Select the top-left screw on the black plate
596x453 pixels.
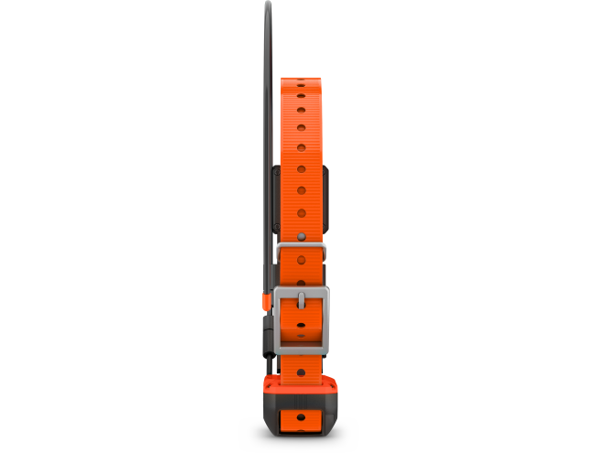click(277, 171)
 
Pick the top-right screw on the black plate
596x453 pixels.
click(325, 171)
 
